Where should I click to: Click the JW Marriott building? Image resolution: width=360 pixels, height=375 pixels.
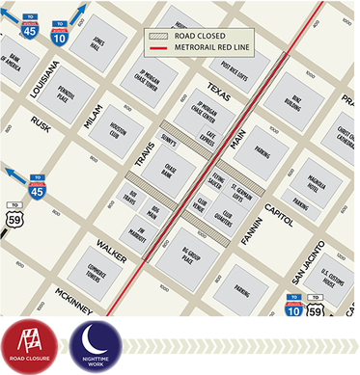tap(141, 234)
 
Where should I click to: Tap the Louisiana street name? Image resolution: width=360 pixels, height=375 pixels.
tap(46, 81)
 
